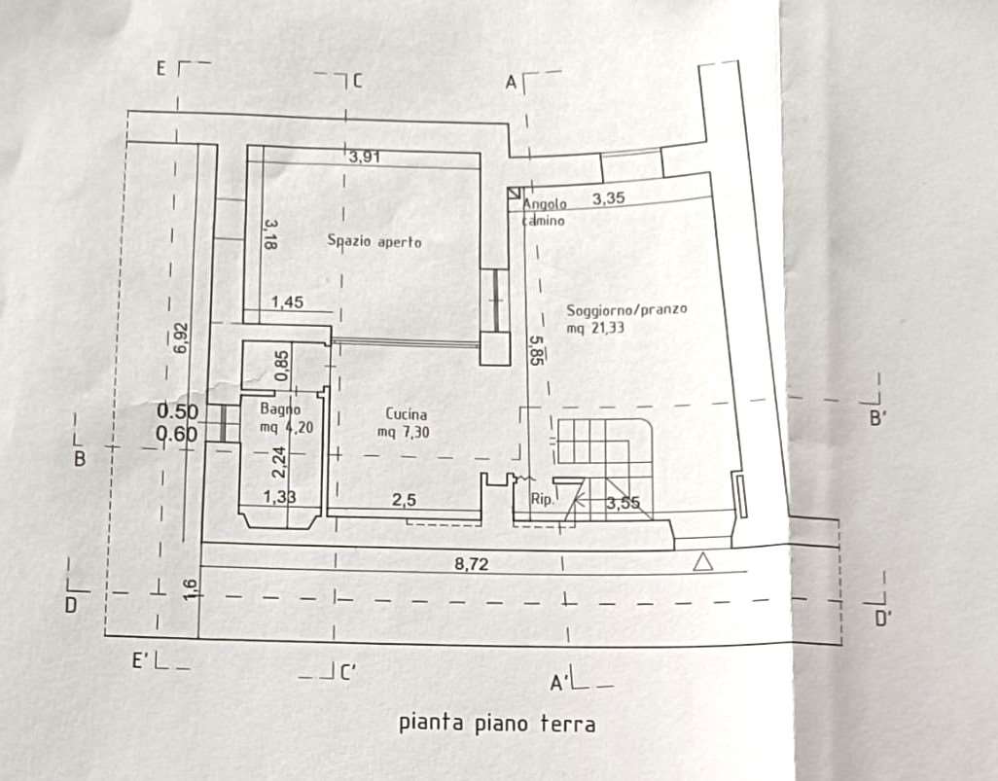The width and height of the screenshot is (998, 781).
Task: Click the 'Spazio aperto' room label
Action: tap(374, 242)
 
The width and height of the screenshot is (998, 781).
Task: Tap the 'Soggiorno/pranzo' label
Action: tap(626, 310)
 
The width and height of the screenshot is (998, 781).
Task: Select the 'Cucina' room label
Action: tap(406, 413)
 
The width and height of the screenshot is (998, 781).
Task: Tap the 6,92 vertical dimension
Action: tap(178, 340)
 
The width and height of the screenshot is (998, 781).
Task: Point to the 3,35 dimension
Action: tap(608, 198)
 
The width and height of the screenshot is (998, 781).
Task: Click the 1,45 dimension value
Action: tap(287, 302)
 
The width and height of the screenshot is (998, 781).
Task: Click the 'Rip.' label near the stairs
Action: tap(542, 501)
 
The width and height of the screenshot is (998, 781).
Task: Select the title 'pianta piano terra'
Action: tap(497, 724)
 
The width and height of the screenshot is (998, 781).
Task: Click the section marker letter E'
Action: tap(141, 660)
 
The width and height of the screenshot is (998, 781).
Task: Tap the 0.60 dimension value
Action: tap(178, 435)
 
